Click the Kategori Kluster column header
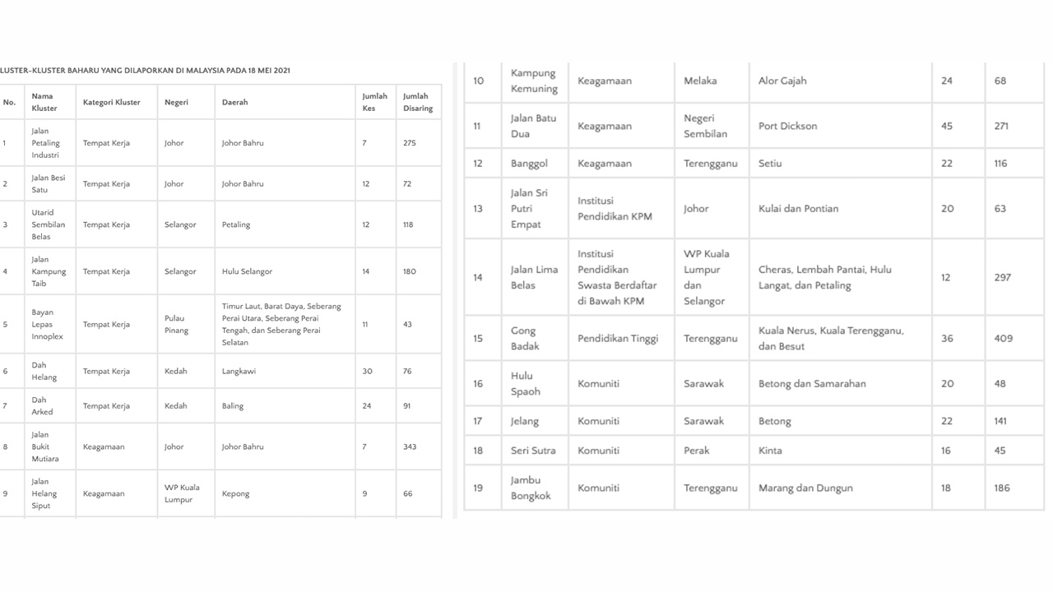point(111,103)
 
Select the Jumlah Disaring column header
point(417,102)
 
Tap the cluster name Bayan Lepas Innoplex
point(47,325)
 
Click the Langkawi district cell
point(239,372)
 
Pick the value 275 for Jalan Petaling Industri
point(409,143)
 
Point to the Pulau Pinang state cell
point(176,325)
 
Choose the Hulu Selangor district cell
point(247,271)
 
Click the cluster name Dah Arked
point(42,406)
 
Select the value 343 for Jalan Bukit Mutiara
point(410,447)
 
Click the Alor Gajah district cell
point(782,81)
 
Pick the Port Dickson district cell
point(787,126)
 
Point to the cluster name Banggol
point(529,164)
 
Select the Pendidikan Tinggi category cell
point(618,339)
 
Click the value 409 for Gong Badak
point(1003,339)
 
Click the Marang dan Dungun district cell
point(805,488)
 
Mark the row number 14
point(478,278)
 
